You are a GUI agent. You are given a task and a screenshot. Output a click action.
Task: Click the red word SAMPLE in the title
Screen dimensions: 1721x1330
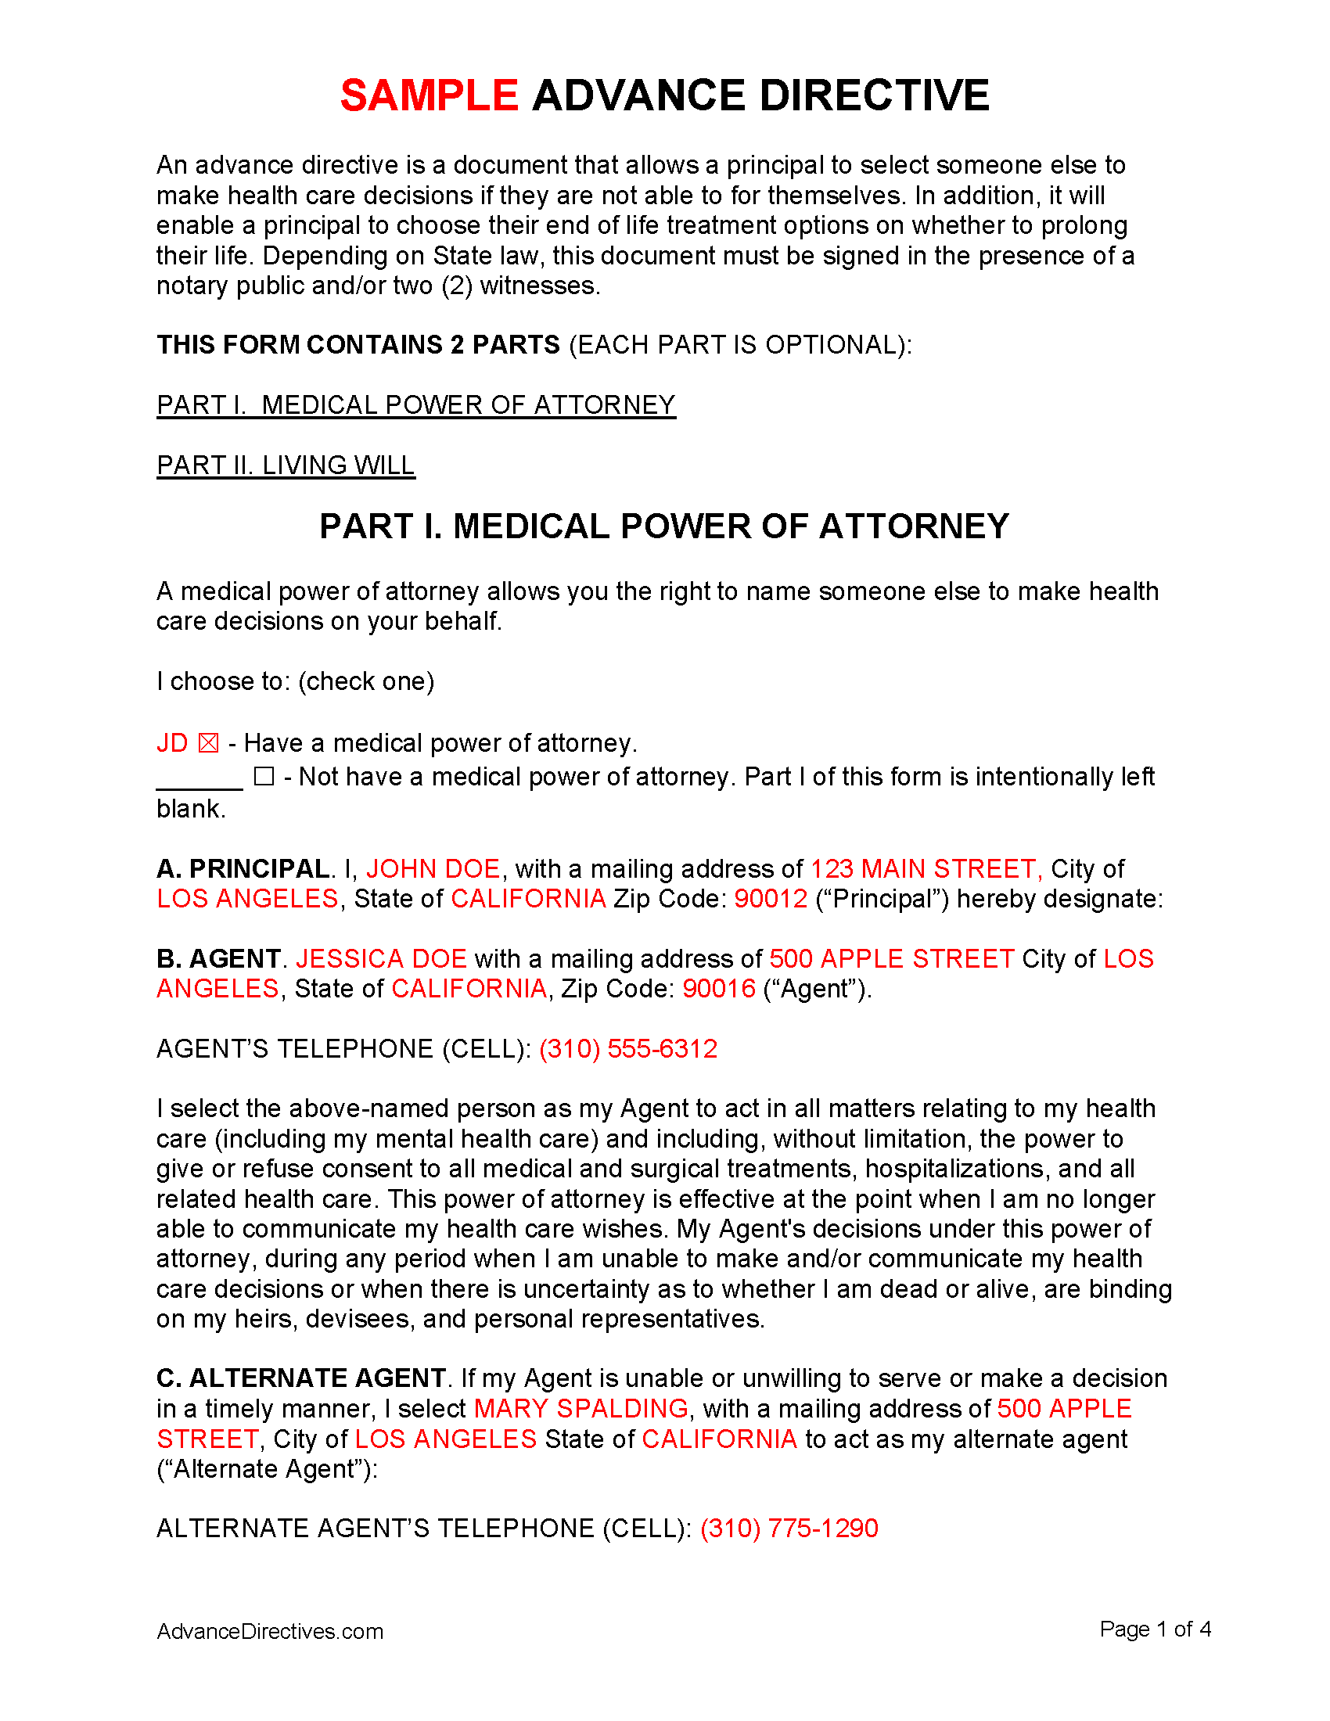pos(429,96)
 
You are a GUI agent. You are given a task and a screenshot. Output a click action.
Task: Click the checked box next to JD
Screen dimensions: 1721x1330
pos(208,743)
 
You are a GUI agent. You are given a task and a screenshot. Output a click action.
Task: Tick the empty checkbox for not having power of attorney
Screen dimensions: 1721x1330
pos(264,777)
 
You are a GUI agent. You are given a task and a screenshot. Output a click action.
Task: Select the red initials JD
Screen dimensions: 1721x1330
pos(172,743)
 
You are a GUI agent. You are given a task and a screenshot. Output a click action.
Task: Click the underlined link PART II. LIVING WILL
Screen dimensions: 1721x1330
pos(286,465)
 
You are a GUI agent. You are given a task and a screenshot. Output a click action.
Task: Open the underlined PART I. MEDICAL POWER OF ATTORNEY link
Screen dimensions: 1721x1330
pos(416,405)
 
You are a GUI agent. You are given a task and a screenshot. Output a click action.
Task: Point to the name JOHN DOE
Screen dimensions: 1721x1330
pos(433,868)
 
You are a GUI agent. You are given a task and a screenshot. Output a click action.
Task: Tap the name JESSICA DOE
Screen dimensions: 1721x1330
pos(381,958)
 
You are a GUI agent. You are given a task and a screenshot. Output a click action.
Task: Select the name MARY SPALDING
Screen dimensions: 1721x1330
pos(581,1408)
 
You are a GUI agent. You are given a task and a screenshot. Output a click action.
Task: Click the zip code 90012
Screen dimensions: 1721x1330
pos(771,898)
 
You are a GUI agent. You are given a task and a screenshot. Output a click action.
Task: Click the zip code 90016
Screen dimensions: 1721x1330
pos(718,988)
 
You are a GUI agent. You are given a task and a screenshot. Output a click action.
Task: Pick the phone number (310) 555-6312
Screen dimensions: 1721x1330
pos(628,1049)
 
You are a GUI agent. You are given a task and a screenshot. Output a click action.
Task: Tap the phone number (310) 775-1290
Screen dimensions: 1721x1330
pos(789,1528)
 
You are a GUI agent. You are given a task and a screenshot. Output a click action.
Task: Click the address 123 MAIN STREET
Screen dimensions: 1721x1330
pos(925,868)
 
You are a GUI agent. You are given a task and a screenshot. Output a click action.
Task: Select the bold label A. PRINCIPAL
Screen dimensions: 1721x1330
pos(243,868)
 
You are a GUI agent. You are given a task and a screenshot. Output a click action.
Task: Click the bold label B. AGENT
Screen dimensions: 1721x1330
pos(218,958)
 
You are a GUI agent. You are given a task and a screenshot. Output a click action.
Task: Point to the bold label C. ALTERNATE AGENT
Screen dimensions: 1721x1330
pos(301,1378)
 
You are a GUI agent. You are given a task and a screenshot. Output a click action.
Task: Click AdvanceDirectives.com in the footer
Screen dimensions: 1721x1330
pos(269,1631)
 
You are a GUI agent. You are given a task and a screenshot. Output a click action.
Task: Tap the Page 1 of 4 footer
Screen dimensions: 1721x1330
pos(1154,1629)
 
